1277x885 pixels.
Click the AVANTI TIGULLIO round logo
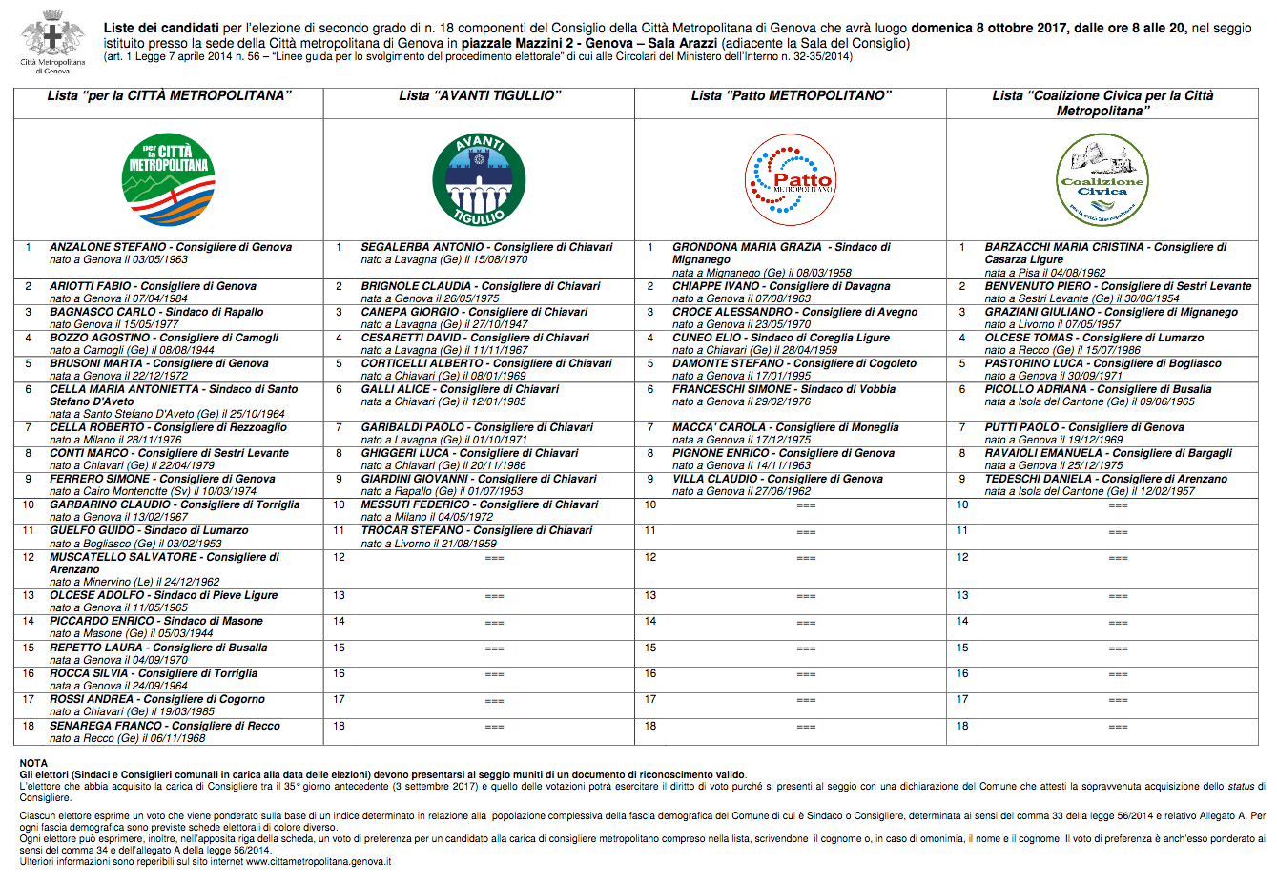(x=479, y=179)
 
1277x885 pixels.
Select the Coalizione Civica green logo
(x=1102, y=179)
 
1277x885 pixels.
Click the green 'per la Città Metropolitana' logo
(x=169, y=179)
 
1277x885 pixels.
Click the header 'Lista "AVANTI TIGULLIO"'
(x=480, y=95)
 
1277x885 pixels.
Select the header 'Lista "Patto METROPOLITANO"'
(x=791, y=95)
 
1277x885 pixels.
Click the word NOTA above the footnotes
(x=33, y=763)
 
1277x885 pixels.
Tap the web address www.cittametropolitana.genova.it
(x=319, y=862)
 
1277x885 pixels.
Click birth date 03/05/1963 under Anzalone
(x=160, y=259)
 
